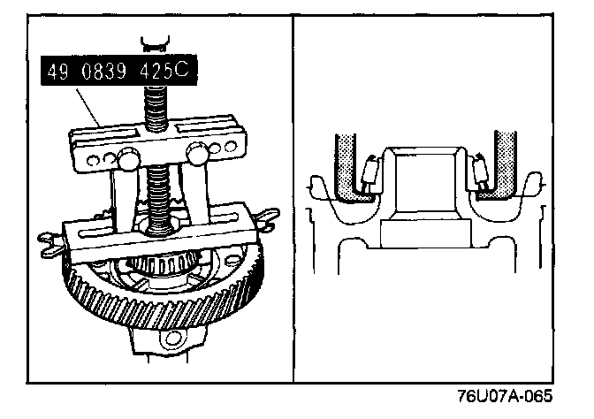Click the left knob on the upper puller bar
pos(126,159)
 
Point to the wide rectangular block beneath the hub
pos(426,234)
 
